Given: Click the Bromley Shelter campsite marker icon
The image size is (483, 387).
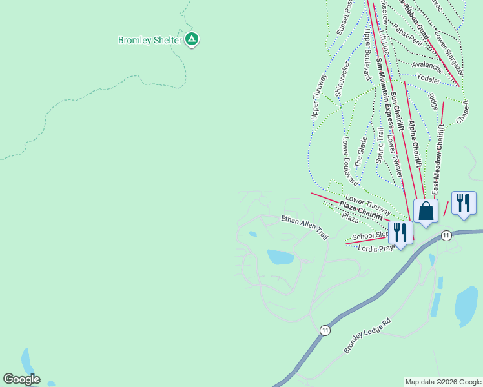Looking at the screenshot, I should [192, 39].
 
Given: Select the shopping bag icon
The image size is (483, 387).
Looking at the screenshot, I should [426, 211].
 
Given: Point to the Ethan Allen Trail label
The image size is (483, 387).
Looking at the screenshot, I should [305, 228].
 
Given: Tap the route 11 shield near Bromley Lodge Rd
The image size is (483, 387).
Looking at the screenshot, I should [325, 330].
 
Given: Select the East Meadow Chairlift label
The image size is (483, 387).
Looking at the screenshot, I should [438, 160].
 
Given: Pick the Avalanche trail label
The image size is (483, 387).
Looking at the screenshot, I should [427, 66].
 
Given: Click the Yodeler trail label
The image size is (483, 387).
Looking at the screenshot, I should [428, 79].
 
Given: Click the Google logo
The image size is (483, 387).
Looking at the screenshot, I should [21, 379].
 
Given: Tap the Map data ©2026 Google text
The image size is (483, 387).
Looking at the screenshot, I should [443, 382].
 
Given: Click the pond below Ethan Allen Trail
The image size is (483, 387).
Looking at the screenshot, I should [281, 257].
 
